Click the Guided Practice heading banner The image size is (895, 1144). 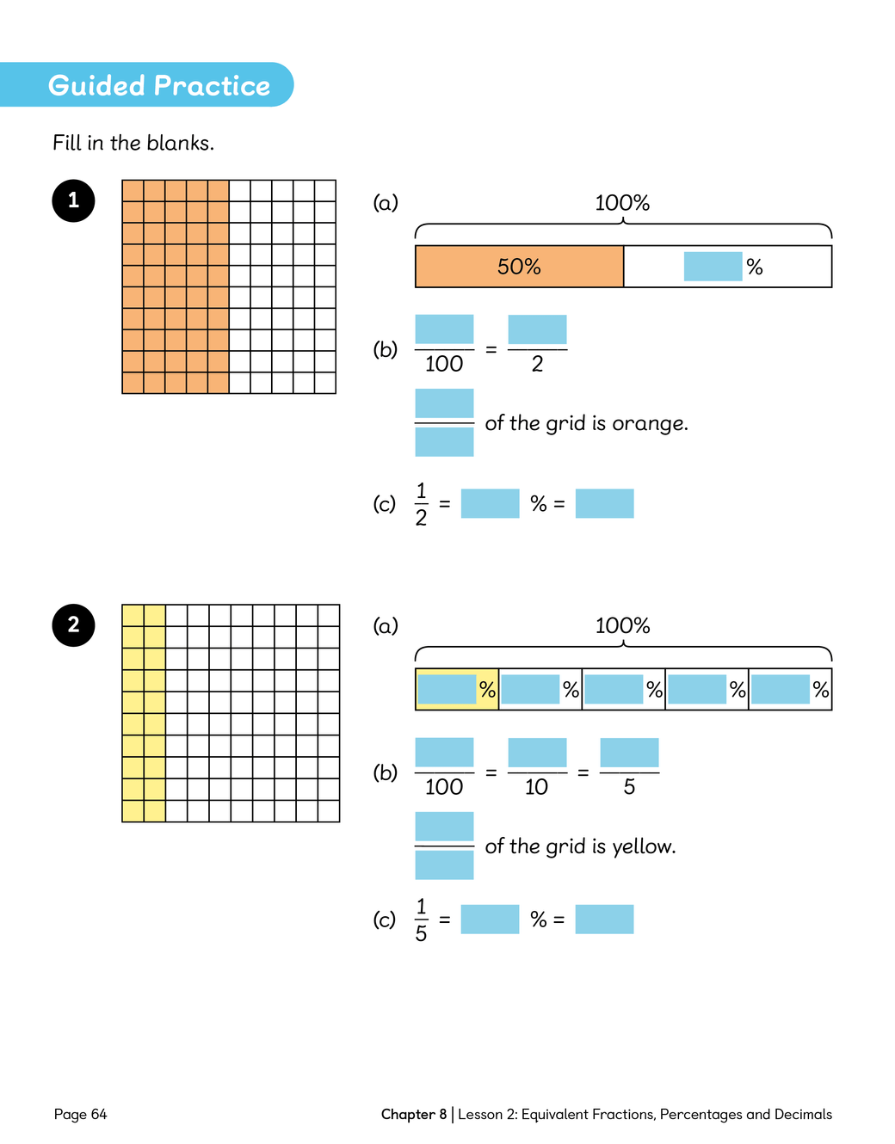click(x=158, y=85)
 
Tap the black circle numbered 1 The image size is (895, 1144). click(x=73, y=200)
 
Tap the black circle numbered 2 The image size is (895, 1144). click(x=73, y=624)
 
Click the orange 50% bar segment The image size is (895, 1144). click(x=519, y=267)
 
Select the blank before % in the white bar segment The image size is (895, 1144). click(x=713, y=267)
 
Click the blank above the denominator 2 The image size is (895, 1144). click(x=537, y=329)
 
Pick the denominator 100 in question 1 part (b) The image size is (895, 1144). click(x=444, y=364)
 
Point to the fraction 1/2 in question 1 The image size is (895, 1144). click(x=421, y=504)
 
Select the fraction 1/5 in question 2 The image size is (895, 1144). click(x=421, y=920)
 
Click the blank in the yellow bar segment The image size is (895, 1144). click(x=447, y=689)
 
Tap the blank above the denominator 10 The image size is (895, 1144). click(x=537, y=753)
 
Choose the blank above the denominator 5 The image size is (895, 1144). click(x=629, y=753)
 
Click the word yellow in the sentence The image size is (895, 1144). click(x=642, y=846)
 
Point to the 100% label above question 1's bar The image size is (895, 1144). click(x=622, y=203)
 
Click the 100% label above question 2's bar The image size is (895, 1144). click(x=622, y=625)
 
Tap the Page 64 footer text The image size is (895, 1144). click(x=80, y=1114)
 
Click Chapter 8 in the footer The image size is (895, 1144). click(x=414, y=1114)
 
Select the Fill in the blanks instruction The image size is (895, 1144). click(x=133, y=143)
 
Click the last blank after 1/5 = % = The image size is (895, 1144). click(x=604, y=920)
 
